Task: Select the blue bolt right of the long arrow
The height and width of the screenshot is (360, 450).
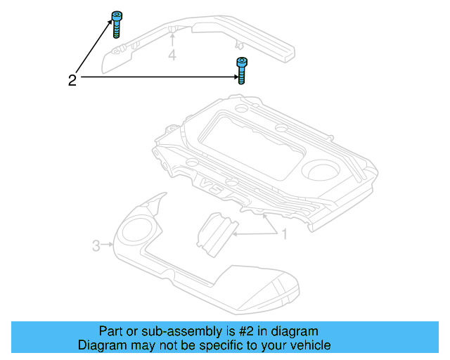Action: point(241,70)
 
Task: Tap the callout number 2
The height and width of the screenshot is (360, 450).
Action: point(72,80)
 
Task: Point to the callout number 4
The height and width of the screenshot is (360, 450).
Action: point(172,55)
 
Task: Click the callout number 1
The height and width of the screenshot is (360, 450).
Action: point(285,233)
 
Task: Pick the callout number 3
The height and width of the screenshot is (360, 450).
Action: point(96,245)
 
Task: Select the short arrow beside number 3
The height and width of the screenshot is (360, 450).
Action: point(108,245)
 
